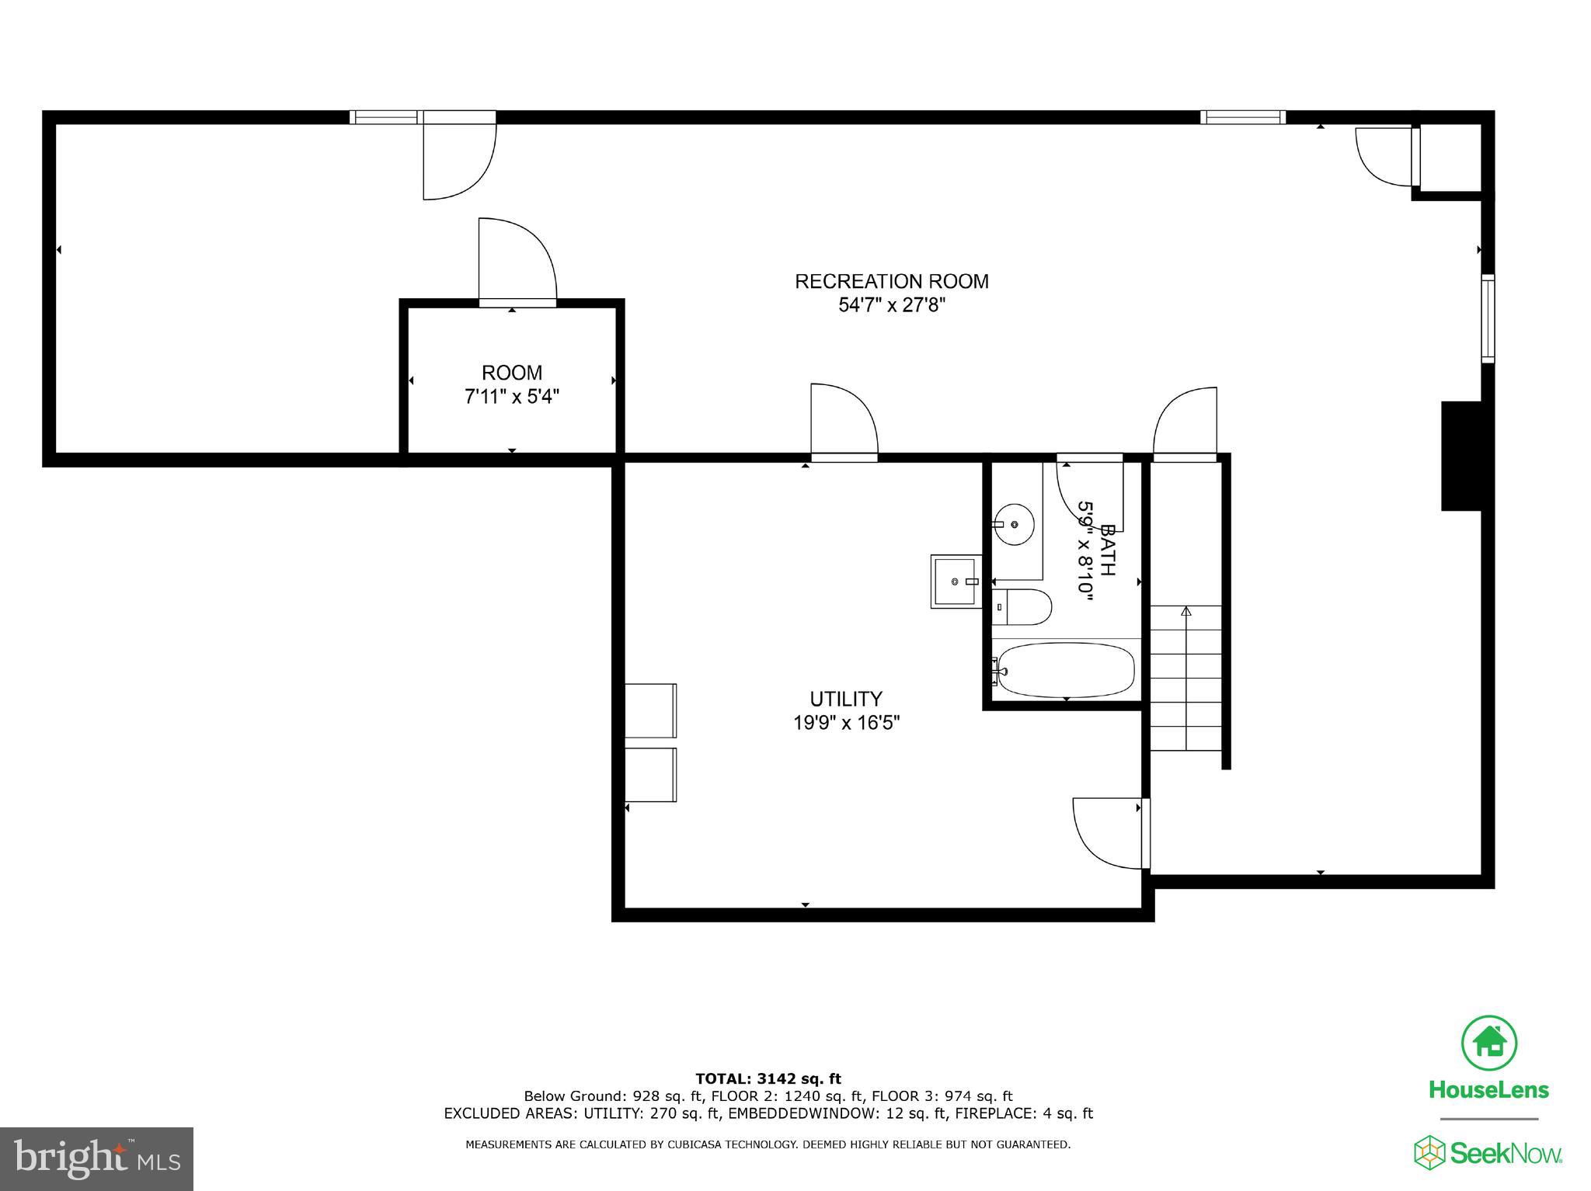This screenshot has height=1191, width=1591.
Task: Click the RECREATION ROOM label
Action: pos(891,281)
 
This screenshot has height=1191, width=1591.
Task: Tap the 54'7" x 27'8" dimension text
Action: pos(891,305)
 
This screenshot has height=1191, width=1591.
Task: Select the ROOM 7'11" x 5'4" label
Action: pos(511,384)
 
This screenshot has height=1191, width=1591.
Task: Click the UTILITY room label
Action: pos(845,699)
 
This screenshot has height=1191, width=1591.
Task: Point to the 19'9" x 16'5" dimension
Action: pos(845,723)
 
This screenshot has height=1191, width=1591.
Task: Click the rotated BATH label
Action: pos(1107,550)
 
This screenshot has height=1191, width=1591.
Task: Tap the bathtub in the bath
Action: pos(1066,669)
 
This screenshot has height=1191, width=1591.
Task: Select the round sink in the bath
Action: pos(1014,524)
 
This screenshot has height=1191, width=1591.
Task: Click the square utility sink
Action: pos(955,582)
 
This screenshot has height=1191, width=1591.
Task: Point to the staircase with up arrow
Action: pos(1185,677)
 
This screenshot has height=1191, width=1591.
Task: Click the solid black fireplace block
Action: pos(1461,456)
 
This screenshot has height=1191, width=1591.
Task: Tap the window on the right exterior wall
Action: pos(1487,318)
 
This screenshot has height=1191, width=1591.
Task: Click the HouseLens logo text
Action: pos(1488,1090)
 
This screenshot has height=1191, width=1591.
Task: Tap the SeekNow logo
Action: pos(1488,1153)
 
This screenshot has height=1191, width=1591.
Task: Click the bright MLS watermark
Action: pos(96,1158)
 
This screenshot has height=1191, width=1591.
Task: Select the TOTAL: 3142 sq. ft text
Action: pos(768,1078)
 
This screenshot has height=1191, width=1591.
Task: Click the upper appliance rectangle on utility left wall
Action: pos(651,710)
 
